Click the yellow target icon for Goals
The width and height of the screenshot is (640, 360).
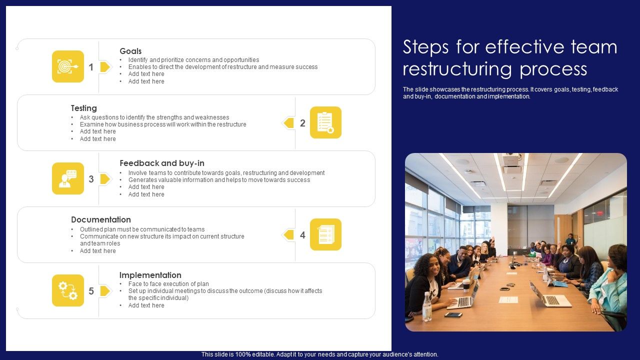pos(68,66)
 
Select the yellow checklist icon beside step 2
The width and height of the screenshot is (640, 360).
pos(325,122)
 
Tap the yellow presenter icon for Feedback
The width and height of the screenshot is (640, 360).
pos(68,178)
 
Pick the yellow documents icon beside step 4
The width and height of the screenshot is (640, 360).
pos(325,234)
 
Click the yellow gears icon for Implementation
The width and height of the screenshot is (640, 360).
pos(68,290)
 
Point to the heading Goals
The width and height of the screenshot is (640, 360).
pos(130,51)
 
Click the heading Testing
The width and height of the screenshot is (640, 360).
pos(84,108)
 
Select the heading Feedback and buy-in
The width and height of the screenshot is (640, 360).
pos(162,163)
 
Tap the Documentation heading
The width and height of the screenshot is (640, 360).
pos(101,219)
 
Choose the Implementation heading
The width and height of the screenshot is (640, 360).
pos(150,275)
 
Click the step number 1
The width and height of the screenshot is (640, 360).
pos(91,67)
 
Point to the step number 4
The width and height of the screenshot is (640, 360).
pos(302,235)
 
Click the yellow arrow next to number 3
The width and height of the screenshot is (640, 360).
pos(105,179)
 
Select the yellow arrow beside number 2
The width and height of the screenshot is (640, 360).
pos(288,123)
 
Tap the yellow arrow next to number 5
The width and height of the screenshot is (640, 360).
pos(105,291)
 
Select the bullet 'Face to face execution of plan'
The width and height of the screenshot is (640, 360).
pos(168,284)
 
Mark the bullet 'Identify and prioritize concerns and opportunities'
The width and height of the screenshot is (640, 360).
pos(193,60)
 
